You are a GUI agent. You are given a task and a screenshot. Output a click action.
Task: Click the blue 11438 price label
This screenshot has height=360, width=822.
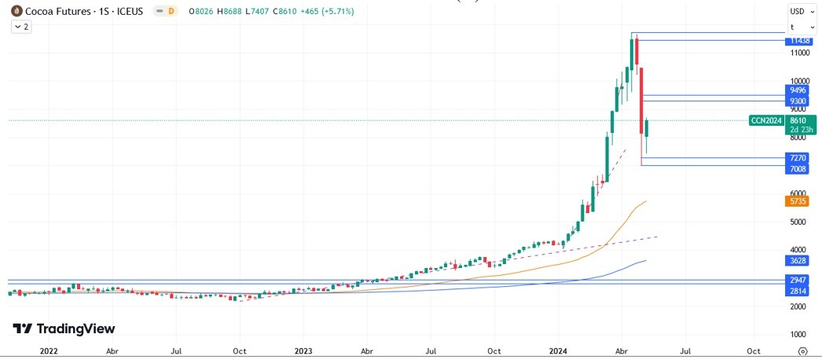point(800,40)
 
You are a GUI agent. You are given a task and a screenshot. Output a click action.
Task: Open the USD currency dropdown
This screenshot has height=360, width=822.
point(802,11)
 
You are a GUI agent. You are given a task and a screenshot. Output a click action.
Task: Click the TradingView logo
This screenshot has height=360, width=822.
point(64,329)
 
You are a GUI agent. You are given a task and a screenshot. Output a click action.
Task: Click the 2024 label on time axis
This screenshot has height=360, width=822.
point(558,351)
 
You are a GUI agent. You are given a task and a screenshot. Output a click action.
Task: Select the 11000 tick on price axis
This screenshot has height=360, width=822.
point(800,53)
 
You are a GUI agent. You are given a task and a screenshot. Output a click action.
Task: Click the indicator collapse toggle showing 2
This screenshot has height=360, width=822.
point(20,27)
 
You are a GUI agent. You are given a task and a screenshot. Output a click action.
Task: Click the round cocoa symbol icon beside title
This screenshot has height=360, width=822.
point(16,12)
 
